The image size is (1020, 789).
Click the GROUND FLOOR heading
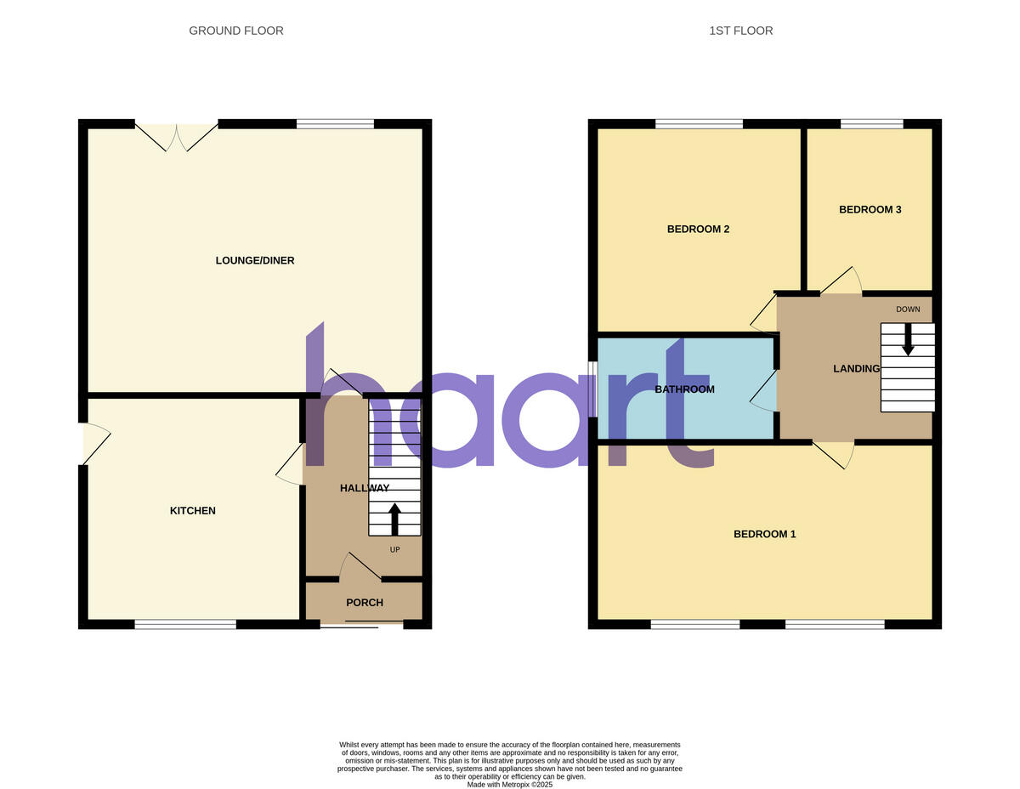[x=236, y=31]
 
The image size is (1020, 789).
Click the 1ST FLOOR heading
[x=741, y=31]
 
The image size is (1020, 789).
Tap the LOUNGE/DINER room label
[x=255, y=260]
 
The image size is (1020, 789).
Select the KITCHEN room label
[x=193, y=511]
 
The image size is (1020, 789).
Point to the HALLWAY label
[x=365, y=488]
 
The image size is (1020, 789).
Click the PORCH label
[x=365, y=603]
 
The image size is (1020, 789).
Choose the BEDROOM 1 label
[x=765, y=534]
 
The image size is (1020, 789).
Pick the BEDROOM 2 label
[x=698, y=229]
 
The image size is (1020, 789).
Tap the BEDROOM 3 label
[x=870, y=209]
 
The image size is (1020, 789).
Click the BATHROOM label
[x=684, y=389]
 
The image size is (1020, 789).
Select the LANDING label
[x=856, y=368]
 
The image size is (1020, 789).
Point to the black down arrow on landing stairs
[x=908, y=339]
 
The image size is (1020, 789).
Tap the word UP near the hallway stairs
[x=394, y=550]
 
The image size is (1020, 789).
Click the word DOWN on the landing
[x=908, y=309]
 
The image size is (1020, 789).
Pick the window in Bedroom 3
[x=871, y=124]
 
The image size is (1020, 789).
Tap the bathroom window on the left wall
[x=593, y=389]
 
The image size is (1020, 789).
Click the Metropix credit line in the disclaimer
[x=510, y=785]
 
